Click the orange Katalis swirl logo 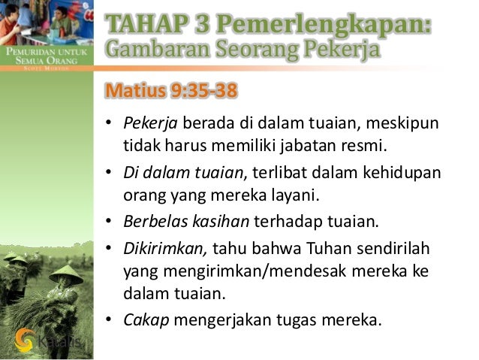[x=25, y=340]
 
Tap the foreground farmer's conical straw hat [x=66, y=274]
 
